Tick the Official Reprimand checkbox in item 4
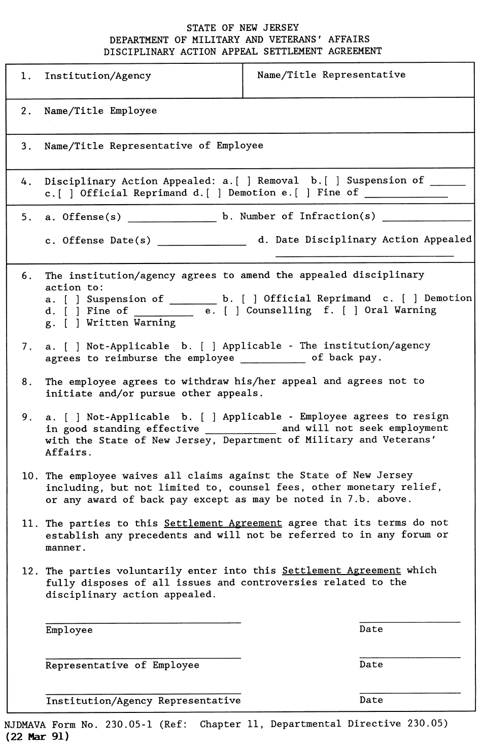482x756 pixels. [x=68, y=193]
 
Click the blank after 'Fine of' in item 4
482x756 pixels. [x=405, y=195]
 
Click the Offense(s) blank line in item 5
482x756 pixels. [x=171, y=220]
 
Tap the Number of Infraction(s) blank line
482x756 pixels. [x=426, y=219]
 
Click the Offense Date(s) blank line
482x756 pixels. [x=201, y=243]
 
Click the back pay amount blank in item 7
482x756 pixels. [x=272, y=360]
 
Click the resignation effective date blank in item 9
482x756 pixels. [x=240, y=431]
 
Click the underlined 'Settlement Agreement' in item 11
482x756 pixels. [x=223, y=523]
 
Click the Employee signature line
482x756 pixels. [x=143, y=621]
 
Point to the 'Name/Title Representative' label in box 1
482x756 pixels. [x=331, y=75]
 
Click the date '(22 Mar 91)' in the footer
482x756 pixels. [x=37, y=737]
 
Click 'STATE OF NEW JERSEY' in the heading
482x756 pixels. [x=243, y=28]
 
